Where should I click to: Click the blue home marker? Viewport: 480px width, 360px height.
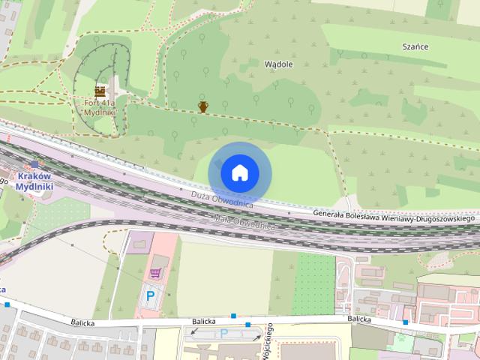coord(239,173)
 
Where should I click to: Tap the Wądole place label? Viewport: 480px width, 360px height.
coord(279,64)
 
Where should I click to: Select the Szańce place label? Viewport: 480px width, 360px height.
coord(415,46)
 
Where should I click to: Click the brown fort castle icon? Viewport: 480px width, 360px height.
coord(100,90)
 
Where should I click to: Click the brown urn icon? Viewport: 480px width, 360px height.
coord(202,106)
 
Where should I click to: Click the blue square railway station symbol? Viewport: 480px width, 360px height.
coord(34,164)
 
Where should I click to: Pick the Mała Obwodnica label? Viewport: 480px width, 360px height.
coord(244,222)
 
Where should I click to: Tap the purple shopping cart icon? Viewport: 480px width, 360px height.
coord(155,274)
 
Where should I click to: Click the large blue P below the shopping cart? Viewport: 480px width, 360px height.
coord(150,295)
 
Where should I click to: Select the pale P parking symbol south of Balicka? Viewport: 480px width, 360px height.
coord(223,333)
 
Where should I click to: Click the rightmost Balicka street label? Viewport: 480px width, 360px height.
coord(359,319)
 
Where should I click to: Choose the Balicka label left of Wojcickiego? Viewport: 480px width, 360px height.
coord(203,322)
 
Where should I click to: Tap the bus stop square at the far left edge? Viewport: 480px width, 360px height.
coord(7,305)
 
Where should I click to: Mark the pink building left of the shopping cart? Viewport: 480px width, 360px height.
coord(139,241)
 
